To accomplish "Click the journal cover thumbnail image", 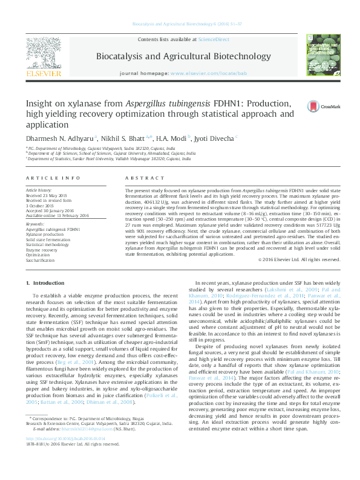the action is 321,57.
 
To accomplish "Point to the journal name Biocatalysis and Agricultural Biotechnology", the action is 183,57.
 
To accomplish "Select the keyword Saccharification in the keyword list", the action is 39,260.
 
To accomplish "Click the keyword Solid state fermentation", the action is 47,240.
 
